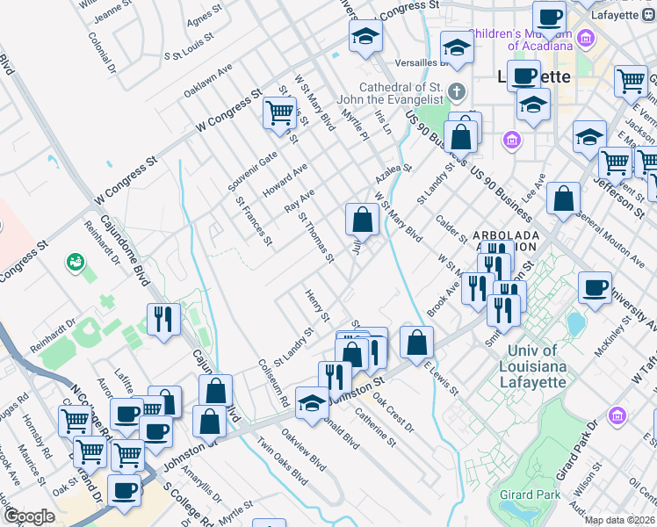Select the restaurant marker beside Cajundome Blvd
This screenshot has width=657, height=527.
pyautogui.click(x=162, y=319)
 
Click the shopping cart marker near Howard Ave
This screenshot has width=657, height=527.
pyautogui.click(x=279, y=112)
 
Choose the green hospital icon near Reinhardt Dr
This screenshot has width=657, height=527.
pyautogui.click(x=76, y=262)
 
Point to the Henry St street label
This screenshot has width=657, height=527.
pyautogui.click(x=317, y=305)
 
